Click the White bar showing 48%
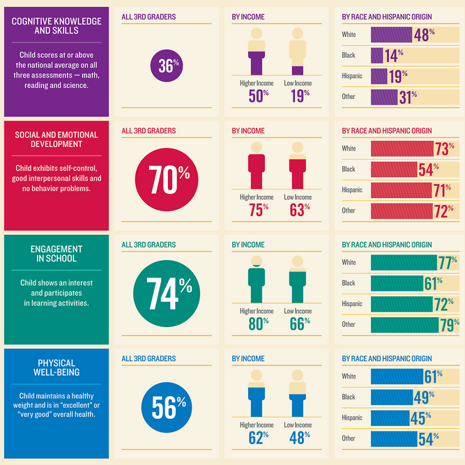[392, 35]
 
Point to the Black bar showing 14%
[377, 55]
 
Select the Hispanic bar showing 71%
[403, 190]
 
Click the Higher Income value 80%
[257, 323]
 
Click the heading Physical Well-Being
[56, 367]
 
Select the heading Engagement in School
[56, 254]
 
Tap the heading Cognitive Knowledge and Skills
[56, 26]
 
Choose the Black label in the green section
[349, 283]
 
